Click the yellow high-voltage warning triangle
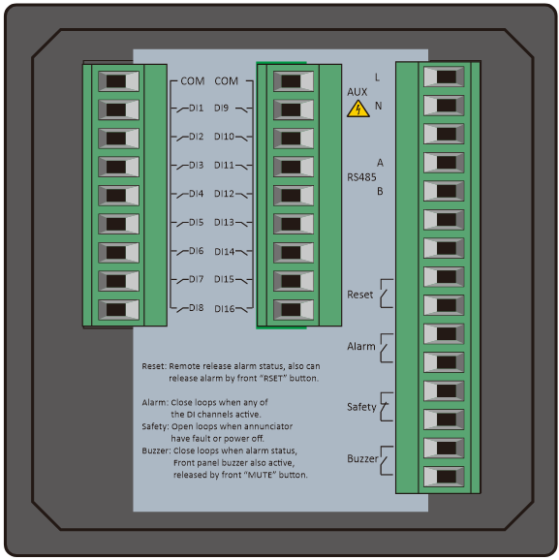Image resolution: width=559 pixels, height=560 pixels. pyautogui.click(x=357, y=109)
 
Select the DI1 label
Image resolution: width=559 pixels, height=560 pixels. pyautogui.click(x=196, y=108)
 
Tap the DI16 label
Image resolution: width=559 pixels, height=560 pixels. pyautogui.click(x=225, y=309)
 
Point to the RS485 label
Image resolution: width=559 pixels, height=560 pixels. pyautogui.click(x=361, y=177)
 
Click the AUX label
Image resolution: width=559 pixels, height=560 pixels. pyautogui.click(x=357, y=92)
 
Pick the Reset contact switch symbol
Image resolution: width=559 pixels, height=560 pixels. pyautogui.click(x=386, y=294)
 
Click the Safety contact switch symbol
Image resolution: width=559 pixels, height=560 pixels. pyautogui.click(x=386, y=407)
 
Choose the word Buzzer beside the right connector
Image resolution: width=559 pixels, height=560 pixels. pyautogui.click(x=362, y=458)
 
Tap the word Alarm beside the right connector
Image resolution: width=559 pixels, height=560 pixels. pyautogui.click(x=361, y=347)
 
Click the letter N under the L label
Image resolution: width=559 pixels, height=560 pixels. pyautogui.click(x=378, y=106)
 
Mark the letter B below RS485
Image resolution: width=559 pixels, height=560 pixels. pyautogui.click(x=380, y=192)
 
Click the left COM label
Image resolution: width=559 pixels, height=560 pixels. pyautogui.click(x=193, y=81)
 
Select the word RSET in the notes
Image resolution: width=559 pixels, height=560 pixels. pyautogui.click(x=273, y=379)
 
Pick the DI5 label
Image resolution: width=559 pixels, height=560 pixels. pyautogui.click(x=196, y=223)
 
